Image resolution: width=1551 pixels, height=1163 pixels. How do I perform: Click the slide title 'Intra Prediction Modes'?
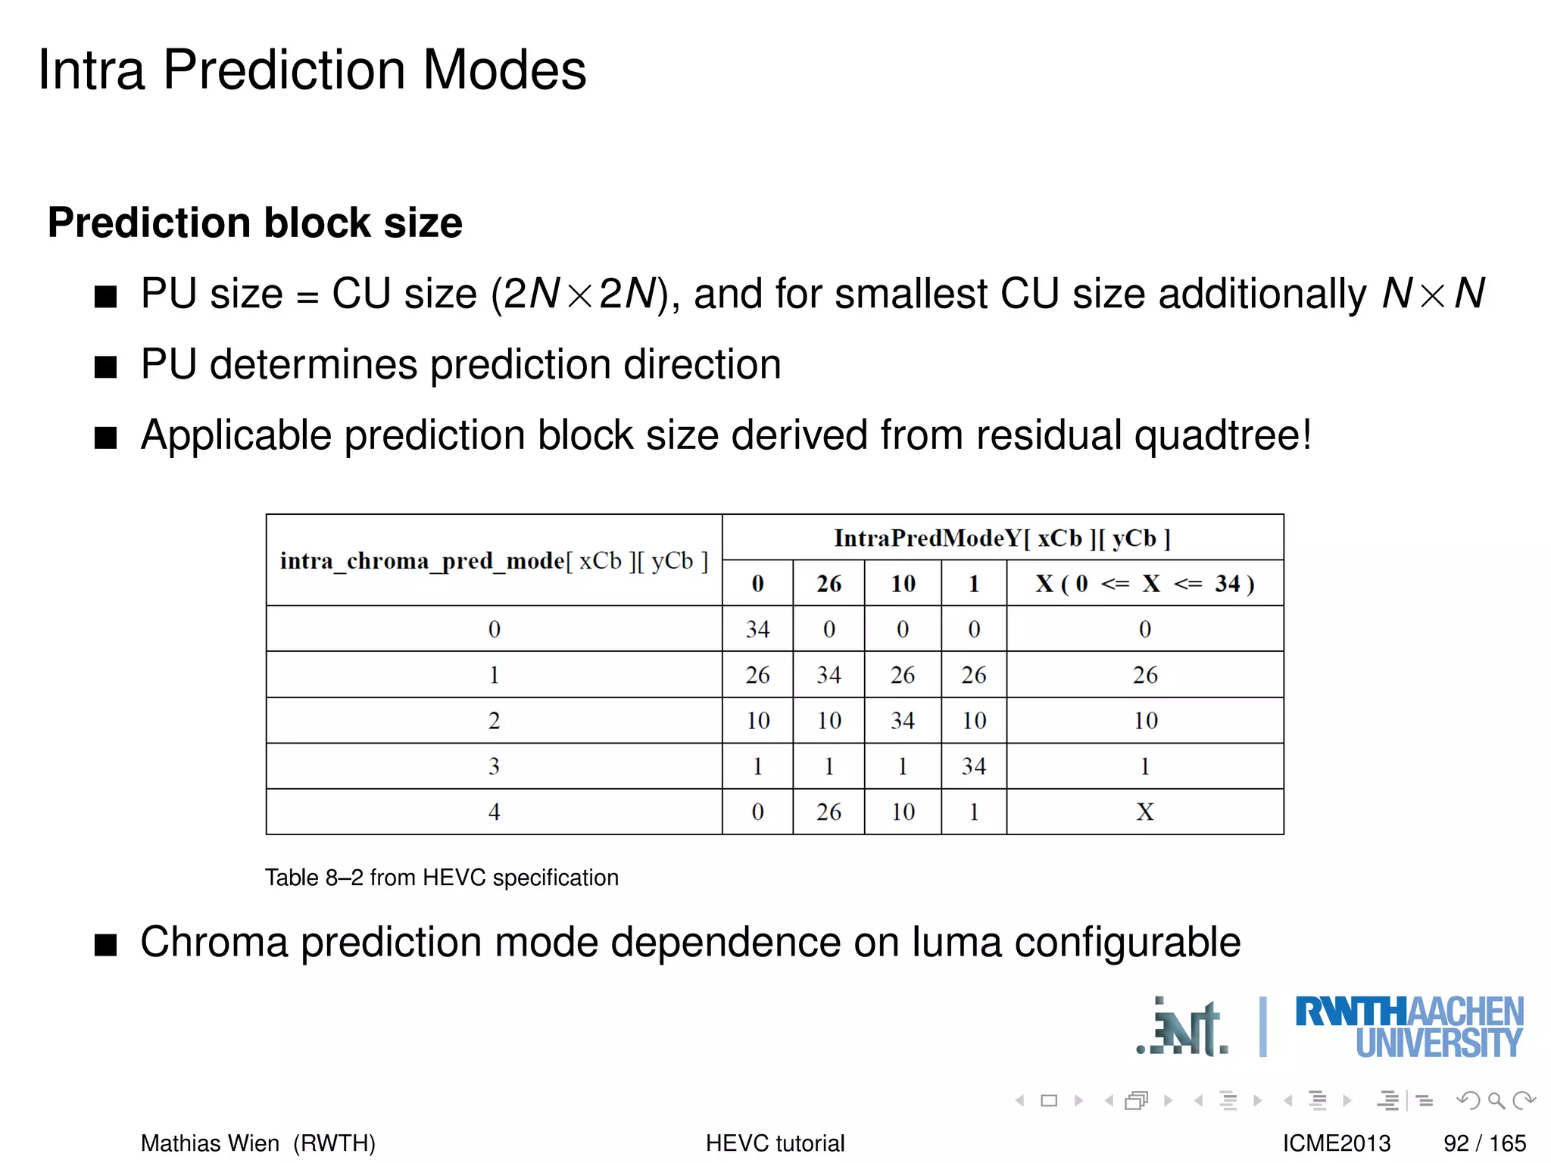point(312,70)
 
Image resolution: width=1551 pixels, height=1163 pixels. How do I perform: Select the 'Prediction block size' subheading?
point(254,223)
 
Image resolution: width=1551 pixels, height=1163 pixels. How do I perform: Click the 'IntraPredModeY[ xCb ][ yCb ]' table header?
point(1002,538)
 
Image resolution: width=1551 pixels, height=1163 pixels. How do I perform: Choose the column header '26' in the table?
point(829,584)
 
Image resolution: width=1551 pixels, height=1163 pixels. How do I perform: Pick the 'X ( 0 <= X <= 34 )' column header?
point(1144,584)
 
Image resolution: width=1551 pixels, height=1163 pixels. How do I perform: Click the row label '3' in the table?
point(494,766)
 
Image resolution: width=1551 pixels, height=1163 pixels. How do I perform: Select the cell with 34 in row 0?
point(757,629)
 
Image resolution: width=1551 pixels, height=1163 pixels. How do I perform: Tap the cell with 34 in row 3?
point(974,766)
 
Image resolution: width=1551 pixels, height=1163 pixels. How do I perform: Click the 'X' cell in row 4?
point(1144,812)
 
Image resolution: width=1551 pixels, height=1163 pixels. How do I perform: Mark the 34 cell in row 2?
point(902,721)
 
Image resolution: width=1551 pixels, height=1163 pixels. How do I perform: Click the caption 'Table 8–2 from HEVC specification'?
point(442,878)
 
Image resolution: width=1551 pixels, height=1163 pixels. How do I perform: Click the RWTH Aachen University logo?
point(1409,1027)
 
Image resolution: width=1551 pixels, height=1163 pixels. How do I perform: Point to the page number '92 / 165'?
point(1484,1143)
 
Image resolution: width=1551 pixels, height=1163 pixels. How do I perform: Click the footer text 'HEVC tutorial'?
point(775,1143)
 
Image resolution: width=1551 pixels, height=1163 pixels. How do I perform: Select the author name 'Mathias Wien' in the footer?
point(210,1143)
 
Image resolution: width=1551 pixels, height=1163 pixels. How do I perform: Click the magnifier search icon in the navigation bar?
point(1496,1100)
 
